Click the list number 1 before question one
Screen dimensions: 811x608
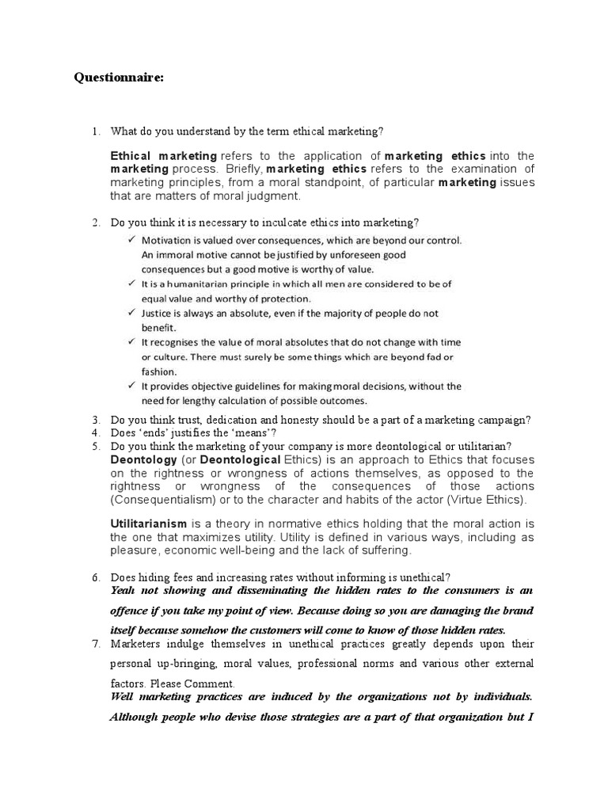(95, 131)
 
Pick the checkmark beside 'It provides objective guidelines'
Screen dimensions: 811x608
(131, 386)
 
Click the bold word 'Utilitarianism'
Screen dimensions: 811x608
(149, 524)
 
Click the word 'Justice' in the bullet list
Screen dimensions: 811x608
(157, 314)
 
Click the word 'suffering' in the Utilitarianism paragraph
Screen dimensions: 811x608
(383, 550)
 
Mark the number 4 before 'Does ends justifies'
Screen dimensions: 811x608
(95, 432)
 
